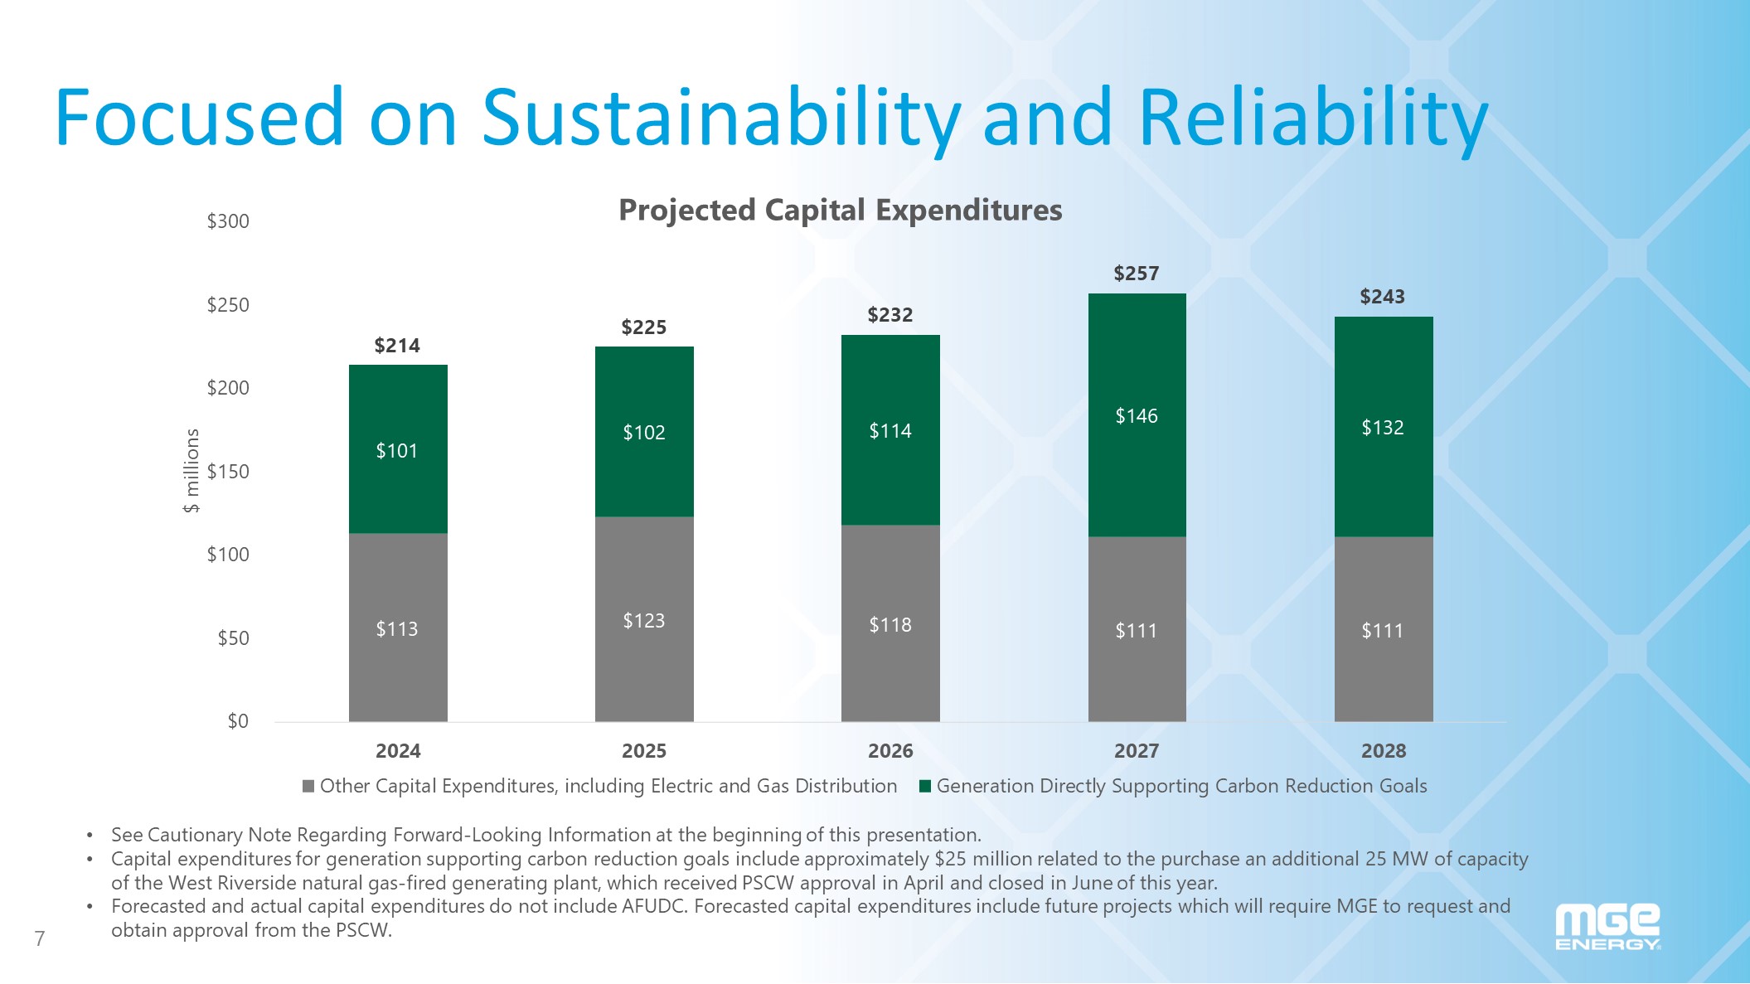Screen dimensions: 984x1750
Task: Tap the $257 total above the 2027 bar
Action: pyautogui.click(x=1136, y=274)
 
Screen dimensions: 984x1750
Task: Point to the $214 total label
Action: pyautogui.click(x=397, y=346)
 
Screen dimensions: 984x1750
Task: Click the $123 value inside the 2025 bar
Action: pyautogui.click(x=644, y=621)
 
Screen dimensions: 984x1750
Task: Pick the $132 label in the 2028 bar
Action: pyautogui.click(x=1383, y=428)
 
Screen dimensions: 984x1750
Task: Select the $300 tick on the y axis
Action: pyautogui.click(x=228, y=221)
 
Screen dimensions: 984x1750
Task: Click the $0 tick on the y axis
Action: pyautogui.click(x=238, y=721)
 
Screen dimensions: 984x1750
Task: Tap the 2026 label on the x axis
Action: pyautogui.click(x=890, y=751)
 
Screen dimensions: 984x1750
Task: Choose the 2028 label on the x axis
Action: pyautogui.click(x=1384, y=751)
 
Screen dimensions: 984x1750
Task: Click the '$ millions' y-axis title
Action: pyautogui.click(x=191, y=471)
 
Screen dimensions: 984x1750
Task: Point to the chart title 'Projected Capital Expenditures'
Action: pyautogui.click(x=840, y=211)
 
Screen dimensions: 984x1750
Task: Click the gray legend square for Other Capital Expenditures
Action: pyautogui.click(x=308, y=786)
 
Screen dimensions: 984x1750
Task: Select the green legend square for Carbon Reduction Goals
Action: pyautogui.click(x=925, y=786)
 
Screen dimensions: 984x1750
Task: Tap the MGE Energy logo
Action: pyautogui.click(x=1607, y=927)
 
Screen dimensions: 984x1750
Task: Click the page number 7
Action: pyautogui.click(x=40, y=938)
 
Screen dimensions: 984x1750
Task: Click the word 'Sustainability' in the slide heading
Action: pyautogui.click(x=721, y=118)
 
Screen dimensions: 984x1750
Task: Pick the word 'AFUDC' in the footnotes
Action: pyautogui.click(x=654, y=906)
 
